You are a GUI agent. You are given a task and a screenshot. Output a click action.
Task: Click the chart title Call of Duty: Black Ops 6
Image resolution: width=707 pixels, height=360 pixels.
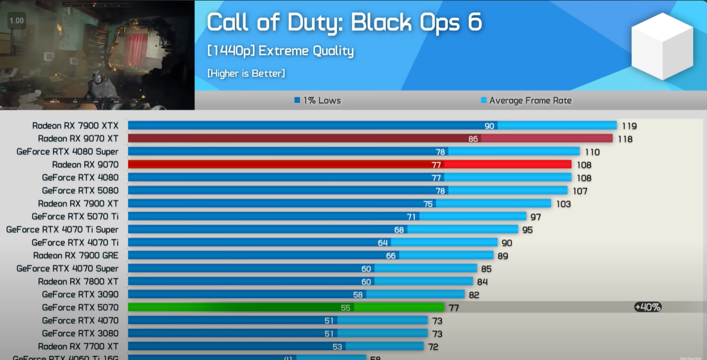[344, 22]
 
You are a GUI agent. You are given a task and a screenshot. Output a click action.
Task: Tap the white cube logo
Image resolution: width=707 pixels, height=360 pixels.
[662, 46]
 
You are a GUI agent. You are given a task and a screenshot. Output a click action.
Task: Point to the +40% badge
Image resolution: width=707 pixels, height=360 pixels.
[648, 307]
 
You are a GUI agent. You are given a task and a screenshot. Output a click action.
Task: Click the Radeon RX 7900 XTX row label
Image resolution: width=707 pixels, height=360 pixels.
[75, 126]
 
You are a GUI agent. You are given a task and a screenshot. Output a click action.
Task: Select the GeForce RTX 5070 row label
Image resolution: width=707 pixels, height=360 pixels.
[80, 307]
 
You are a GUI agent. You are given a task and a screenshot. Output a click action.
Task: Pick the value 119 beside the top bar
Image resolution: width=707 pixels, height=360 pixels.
[629, 126]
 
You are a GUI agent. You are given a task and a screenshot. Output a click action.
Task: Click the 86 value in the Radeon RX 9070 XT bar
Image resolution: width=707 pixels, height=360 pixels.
[473, 139]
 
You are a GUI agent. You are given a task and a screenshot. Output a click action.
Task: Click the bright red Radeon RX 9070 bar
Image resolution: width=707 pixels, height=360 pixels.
[284, 164]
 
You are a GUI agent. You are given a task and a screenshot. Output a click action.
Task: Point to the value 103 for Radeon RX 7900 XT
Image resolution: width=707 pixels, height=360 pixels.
[563, 204]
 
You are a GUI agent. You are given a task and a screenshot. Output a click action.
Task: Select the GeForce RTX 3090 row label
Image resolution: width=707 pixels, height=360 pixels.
[80, 294]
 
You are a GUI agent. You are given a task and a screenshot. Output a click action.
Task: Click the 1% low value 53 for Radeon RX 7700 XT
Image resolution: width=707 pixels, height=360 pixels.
[338, 346]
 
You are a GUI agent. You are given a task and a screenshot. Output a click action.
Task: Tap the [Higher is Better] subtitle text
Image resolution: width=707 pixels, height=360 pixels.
[246, 73]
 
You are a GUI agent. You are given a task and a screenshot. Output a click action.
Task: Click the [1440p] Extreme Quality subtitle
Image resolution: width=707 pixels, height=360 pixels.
[280, 51]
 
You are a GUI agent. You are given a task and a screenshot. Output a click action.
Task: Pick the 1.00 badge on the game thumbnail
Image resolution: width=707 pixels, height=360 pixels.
[16, 20]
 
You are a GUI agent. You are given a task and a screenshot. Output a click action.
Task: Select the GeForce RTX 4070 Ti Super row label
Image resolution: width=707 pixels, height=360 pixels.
[63, 229]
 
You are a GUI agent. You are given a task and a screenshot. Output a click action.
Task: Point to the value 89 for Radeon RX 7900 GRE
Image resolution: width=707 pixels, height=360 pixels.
[502, 256]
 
